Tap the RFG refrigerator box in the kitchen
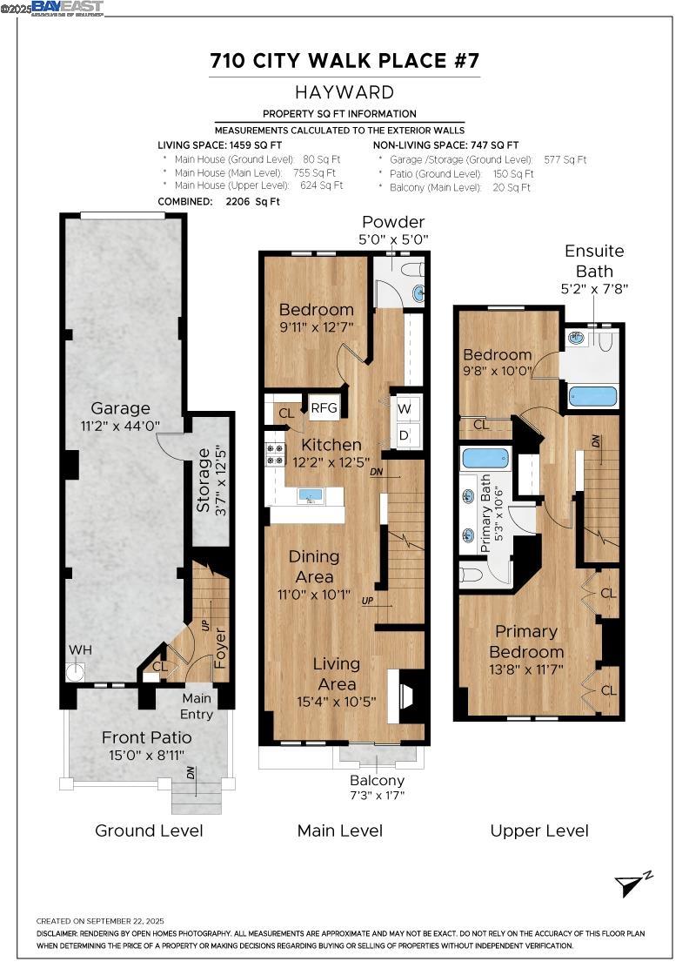(x=324, y=408)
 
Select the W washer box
(x=405, y=408)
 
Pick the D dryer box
(x=405, y=435)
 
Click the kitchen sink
(x=311, y=495)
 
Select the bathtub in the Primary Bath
(x=485, y=458)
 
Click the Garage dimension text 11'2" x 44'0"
(x=121, y=426)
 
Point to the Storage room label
(x=204, y=481)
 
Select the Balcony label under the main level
(x=377, y=780)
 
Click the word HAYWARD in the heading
(x=344, y=92)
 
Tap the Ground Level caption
(x=149, y=830)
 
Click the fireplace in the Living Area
(x=403, y=696)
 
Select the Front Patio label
(x=147, y=737)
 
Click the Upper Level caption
(x=539, y=830)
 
